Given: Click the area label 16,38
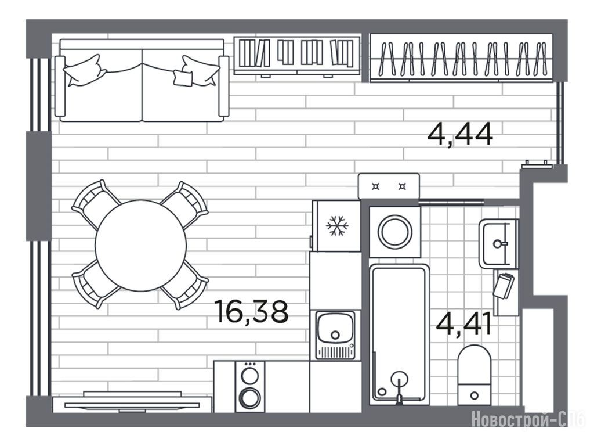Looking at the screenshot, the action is coord(251,311).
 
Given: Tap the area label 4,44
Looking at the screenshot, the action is coord(460,135).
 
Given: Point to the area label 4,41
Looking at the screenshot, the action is coord(464,323).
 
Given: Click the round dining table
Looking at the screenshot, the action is coord(141,246).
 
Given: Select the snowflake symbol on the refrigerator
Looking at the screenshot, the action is coord(337,226).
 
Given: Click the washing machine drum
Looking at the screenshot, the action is coord(394,231).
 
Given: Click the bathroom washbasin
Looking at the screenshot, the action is coord(498,243).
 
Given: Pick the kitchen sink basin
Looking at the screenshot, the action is coord(335,329).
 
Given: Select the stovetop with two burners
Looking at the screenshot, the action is coord(250,386).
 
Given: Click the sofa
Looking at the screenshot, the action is coord(142,80).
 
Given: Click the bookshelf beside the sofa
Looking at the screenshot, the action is coord(297,56).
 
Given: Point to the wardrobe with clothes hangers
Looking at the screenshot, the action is coord(461,58).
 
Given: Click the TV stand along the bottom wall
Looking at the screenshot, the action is coord(132,405).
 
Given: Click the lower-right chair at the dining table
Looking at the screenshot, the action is coord(185,285).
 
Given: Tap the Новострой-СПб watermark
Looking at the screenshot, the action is coord(529,420).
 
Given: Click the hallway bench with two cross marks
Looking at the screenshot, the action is coord(389,186).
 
